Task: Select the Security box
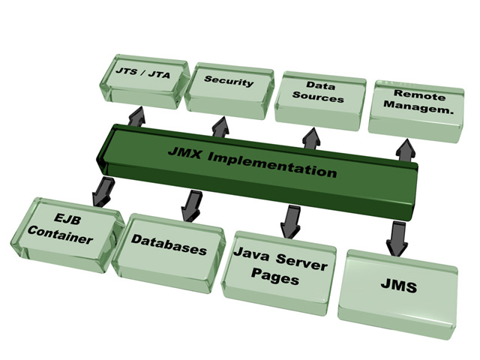229,84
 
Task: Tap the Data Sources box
319,93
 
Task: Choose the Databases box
169,245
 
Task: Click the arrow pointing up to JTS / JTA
137,115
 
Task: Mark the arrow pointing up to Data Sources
309,137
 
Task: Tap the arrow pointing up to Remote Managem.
406,149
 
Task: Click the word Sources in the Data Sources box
318,98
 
